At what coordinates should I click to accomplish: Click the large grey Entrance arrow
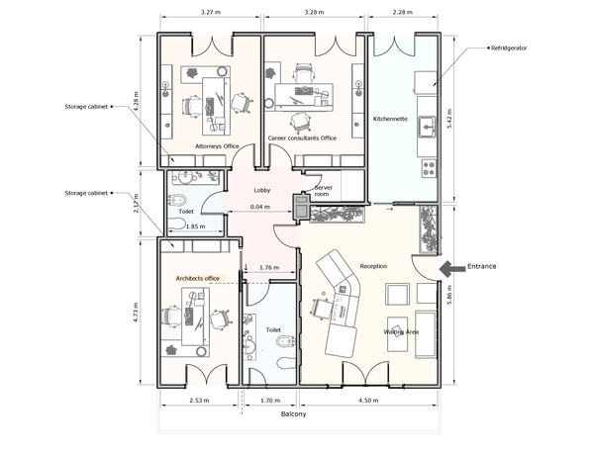tap(452, 269)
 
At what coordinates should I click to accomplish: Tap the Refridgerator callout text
tap(509, 48)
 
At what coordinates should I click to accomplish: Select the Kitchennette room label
tap(390, 119)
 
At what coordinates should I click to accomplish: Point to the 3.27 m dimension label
tap(210, 12)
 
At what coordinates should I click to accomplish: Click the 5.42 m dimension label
tap(449, 119)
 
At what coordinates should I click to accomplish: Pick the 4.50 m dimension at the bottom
tap(368, 401)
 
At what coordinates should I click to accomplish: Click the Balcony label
tap(293, 414)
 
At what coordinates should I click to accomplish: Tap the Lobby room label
tap(262, 190)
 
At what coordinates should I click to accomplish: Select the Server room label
tap(323, 191)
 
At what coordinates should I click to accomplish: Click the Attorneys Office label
tap(217, 146)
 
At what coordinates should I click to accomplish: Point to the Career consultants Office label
tap(302, 138)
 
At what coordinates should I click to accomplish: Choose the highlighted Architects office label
tap(197, 279)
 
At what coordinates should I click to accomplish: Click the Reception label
tap(373, 266)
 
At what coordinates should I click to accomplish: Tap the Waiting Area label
tap(401, 332)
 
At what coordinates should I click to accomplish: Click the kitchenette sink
tap(427, 127)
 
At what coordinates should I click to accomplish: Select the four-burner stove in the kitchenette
tap(429, 168)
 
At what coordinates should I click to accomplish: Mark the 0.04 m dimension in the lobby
tap(260, 207)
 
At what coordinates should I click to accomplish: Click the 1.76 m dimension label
tap(269, 268)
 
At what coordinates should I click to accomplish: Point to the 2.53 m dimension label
tap(199, 401)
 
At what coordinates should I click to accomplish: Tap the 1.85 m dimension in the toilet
tap(195, 227)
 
